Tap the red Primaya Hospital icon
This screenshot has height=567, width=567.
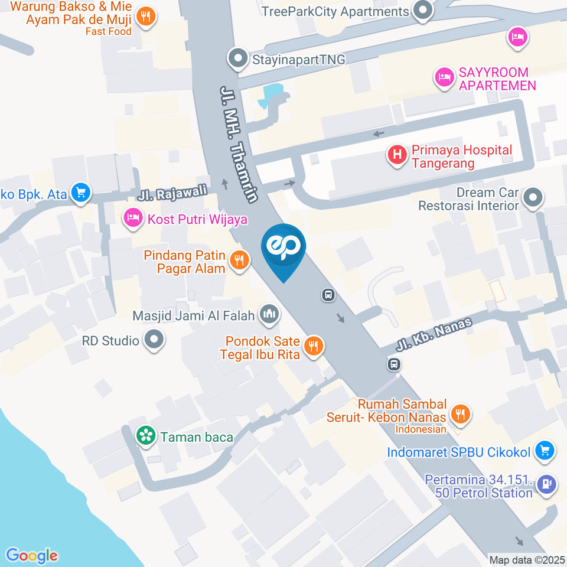tap(397, 155)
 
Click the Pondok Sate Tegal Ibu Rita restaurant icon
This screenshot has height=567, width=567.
tap(314, 346)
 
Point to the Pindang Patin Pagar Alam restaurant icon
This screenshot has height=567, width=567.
tap(239, 259)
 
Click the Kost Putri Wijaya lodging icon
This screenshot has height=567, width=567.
tap(133, 218)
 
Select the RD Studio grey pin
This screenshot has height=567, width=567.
tap(155, 340)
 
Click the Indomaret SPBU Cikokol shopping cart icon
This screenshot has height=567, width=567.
tap(544, 452)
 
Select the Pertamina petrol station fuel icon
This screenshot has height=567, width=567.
tap(548, 484)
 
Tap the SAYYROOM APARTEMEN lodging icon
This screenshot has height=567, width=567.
tap(444, 77)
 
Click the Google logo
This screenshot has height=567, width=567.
tap(32, 555)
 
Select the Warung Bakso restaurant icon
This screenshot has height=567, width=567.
tap(145, 16)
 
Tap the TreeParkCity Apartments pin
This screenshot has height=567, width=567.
tap(422, 11)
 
